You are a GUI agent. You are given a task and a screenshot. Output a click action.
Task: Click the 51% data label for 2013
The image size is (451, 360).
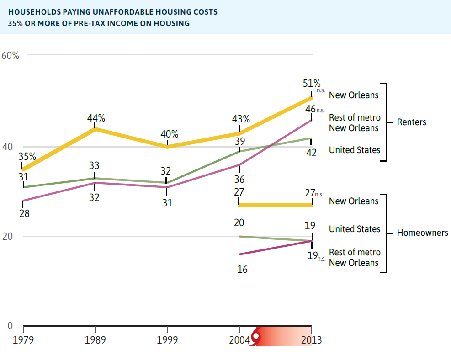click(312, 84)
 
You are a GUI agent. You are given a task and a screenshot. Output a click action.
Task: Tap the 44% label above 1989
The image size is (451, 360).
click(96, 118)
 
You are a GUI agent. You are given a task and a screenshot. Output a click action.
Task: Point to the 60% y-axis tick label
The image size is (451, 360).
click(10, 55)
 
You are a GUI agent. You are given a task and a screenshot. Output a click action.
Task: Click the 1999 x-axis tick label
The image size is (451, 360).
click(167, 340)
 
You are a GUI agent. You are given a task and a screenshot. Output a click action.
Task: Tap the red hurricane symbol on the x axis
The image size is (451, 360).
click(256, 337)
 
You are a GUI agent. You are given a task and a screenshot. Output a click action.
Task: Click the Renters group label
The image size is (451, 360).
click(411, 122)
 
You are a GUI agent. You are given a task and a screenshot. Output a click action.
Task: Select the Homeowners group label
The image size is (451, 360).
click(422, 233)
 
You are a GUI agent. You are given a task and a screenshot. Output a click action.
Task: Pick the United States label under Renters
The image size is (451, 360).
click(354, 150)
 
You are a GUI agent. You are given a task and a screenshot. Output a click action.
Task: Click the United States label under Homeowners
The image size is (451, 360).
click(354, 229)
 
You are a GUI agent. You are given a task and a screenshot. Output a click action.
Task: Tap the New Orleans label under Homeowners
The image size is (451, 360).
click(354, 201)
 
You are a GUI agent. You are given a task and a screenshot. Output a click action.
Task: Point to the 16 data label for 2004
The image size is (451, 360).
click(242, 270)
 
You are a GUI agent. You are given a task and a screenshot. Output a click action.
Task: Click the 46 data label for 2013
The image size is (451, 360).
click(310, 110)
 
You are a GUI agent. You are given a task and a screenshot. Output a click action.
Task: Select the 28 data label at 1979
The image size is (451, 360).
click(24, 213)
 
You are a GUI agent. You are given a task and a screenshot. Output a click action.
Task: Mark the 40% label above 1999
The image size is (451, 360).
click(169, 135)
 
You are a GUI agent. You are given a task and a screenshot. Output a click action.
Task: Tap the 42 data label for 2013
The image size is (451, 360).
click(311, 153)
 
